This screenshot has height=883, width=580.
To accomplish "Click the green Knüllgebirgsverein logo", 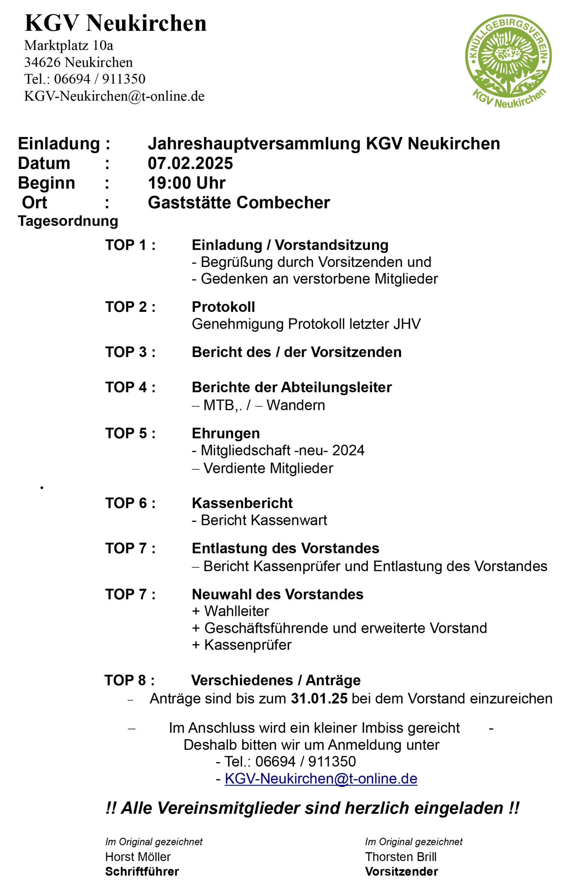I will point(508,60).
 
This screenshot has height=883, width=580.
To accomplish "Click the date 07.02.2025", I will point(190,163).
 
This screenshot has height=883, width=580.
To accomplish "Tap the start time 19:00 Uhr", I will point(187,183).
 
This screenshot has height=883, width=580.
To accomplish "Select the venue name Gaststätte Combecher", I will point(239,202).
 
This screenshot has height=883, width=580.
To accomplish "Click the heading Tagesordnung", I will point(68,221).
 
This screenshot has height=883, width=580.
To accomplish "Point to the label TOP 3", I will point(130,352).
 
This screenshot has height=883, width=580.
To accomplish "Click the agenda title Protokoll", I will point(223,307).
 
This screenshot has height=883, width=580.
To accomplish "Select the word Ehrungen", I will point(226,433).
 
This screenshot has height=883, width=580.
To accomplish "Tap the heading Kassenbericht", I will point(242,503).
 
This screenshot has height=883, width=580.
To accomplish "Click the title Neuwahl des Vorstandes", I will point(277,594).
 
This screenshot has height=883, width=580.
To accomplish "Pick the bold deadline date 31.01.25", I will point(319,698).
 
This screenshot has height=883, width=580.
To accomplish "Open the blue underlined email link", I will point(321,778).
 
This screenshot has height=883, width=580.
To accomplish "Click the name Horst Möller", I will point(138,857).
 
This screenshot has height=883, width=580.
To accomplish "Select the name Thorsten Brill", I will point(401,857).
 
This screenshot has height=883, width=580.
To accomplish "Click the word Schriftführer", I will point(142,871).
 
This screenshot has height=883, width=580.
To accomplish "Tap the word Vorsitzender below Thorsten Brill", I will point(402,871).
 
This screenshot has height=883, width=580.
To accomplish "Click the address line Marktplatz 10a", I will point(69,46).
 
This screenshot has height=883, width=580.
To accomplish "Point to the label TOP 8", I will point(129,681).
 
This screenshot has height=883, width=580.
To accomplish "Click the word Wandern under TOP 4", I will point(295,405).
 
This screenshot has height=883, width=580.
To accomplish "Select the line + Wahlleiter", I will point(230,611).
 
